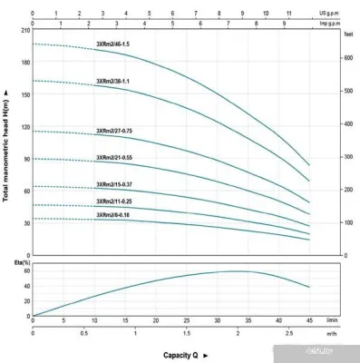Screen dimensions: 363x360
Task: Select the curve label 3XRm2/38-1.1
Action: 113,82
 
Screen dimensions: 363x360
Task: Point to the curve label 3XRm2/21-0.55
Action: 115,158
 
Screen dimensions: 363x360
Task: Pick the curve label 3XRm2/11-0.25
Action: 115,201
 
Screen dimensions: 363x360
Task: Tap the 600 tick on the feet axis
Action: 349,58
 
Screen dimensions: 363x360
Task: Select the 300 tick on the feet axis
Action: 349,157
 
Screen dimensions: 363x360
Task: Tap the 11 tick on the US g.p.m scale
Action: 288,14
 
